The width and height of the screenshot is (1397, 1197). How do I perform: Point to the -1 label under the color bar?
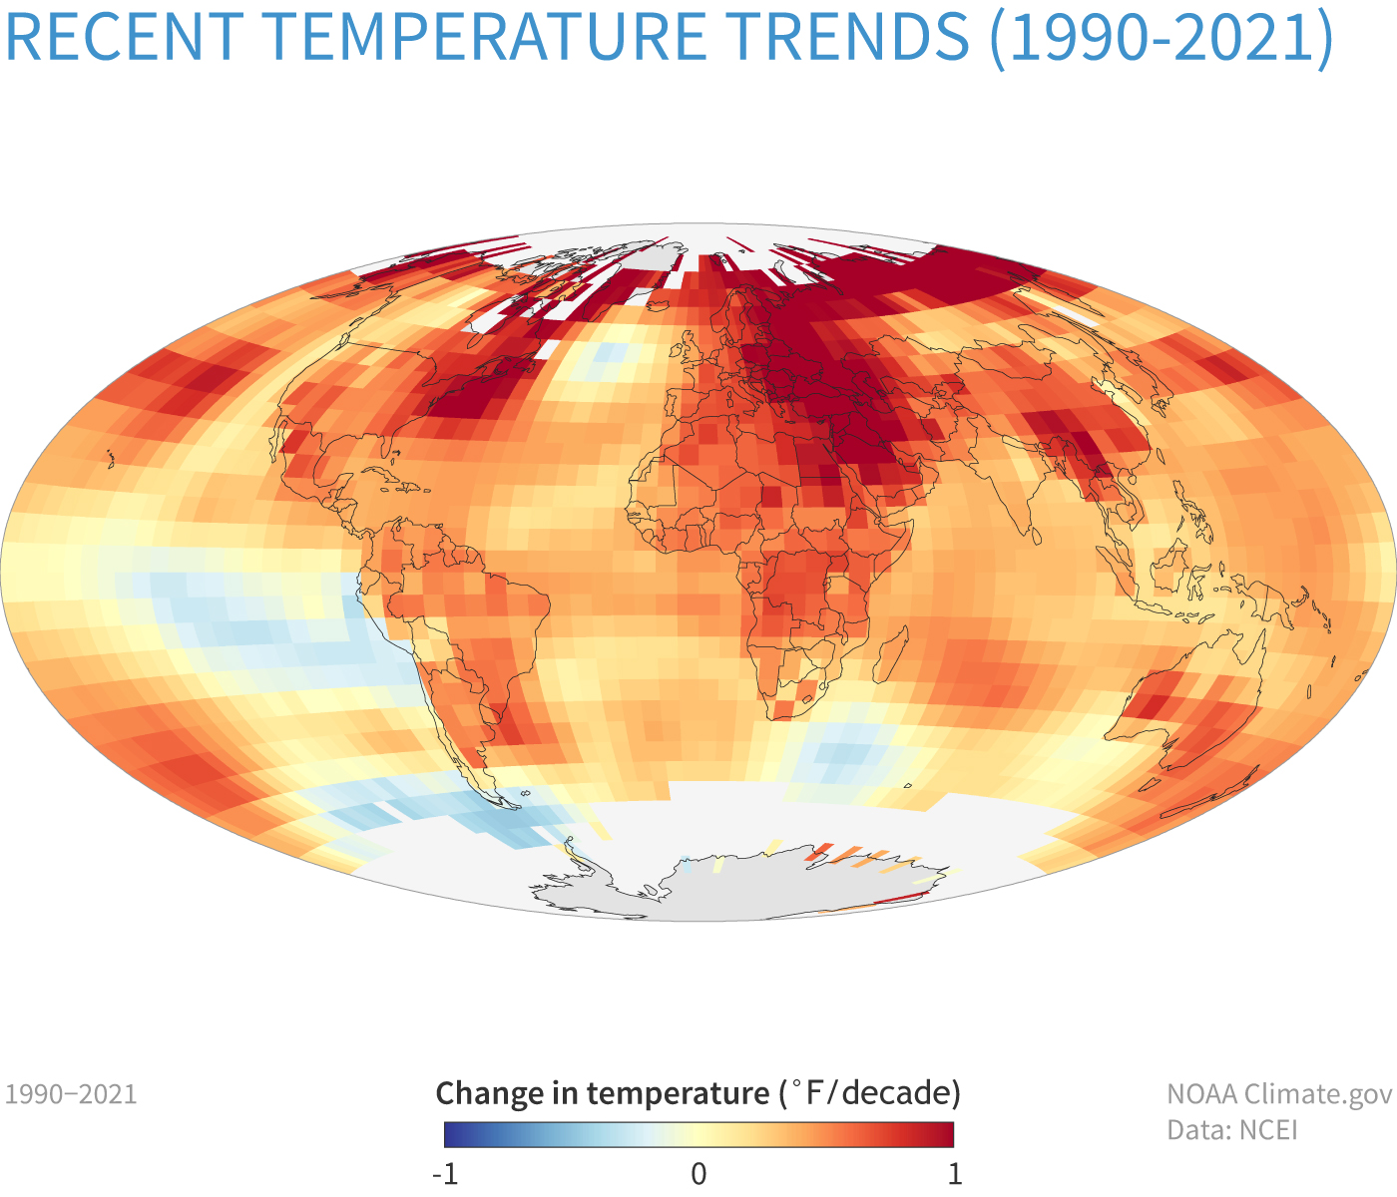[445, 1173]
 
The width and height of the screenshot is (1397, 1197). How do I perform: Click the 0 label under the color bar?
[698, 1173]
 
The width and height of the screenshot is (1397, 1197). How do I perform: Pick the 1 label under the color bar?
[955, 1173]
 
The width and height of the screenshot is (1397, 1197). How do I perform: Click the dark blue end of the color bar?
[451, 1135]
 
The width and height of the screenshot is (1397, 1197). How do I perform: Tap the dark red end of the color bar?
[947, 1135]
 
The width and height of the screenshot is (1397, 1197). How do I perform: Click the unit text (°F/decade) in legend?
[868, 1093]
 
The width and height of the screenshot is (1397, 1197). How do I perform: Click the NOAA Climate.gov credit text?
[1279, 1094]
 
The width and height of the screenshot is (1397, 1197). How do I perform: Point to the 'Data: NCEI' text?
[1232, 1130]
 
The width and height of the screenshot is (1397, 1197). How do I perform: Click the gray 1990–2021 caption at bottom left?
[71, 1094]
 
